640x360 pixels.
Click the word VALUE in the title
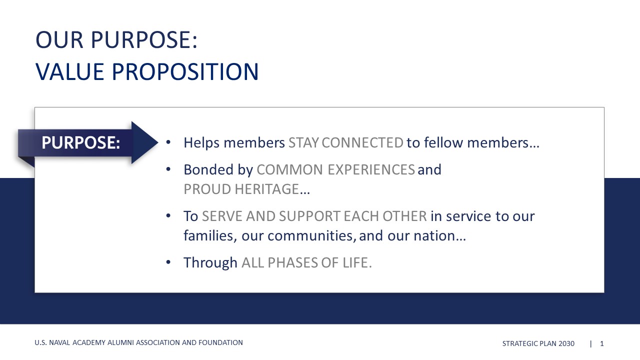69,71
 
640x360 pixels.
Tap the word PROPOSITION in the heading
185,71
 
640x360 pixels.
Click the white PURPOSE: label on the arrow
80,142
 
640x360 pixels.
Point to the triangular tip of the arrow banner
157,142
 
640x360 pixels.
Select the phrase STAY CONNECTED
345,142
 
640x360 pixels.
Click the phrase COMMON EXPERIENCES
335,169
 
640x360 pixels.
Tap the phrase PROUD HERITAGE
241,189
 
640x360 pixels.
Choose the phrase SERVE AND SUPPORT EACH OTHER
314,216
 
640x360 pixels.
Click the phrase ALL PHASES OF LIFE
306,262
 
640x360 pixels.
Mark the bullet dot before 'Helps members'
168,142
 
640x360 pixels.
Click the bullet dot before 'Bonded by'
168,169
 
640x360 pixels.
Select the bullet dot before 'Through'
168,262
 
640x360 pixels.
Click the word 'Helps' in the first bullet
201,143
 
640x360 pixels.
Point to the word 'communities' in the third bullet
312,235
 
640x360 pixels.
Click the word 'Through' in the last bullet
210,263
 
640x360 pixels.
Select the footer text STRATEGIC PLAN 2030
538,343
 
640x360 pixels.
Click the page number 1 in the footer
601,343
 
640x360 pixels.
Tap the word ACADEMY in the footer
89,342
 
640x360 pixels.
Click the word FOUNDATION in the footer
220,342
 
